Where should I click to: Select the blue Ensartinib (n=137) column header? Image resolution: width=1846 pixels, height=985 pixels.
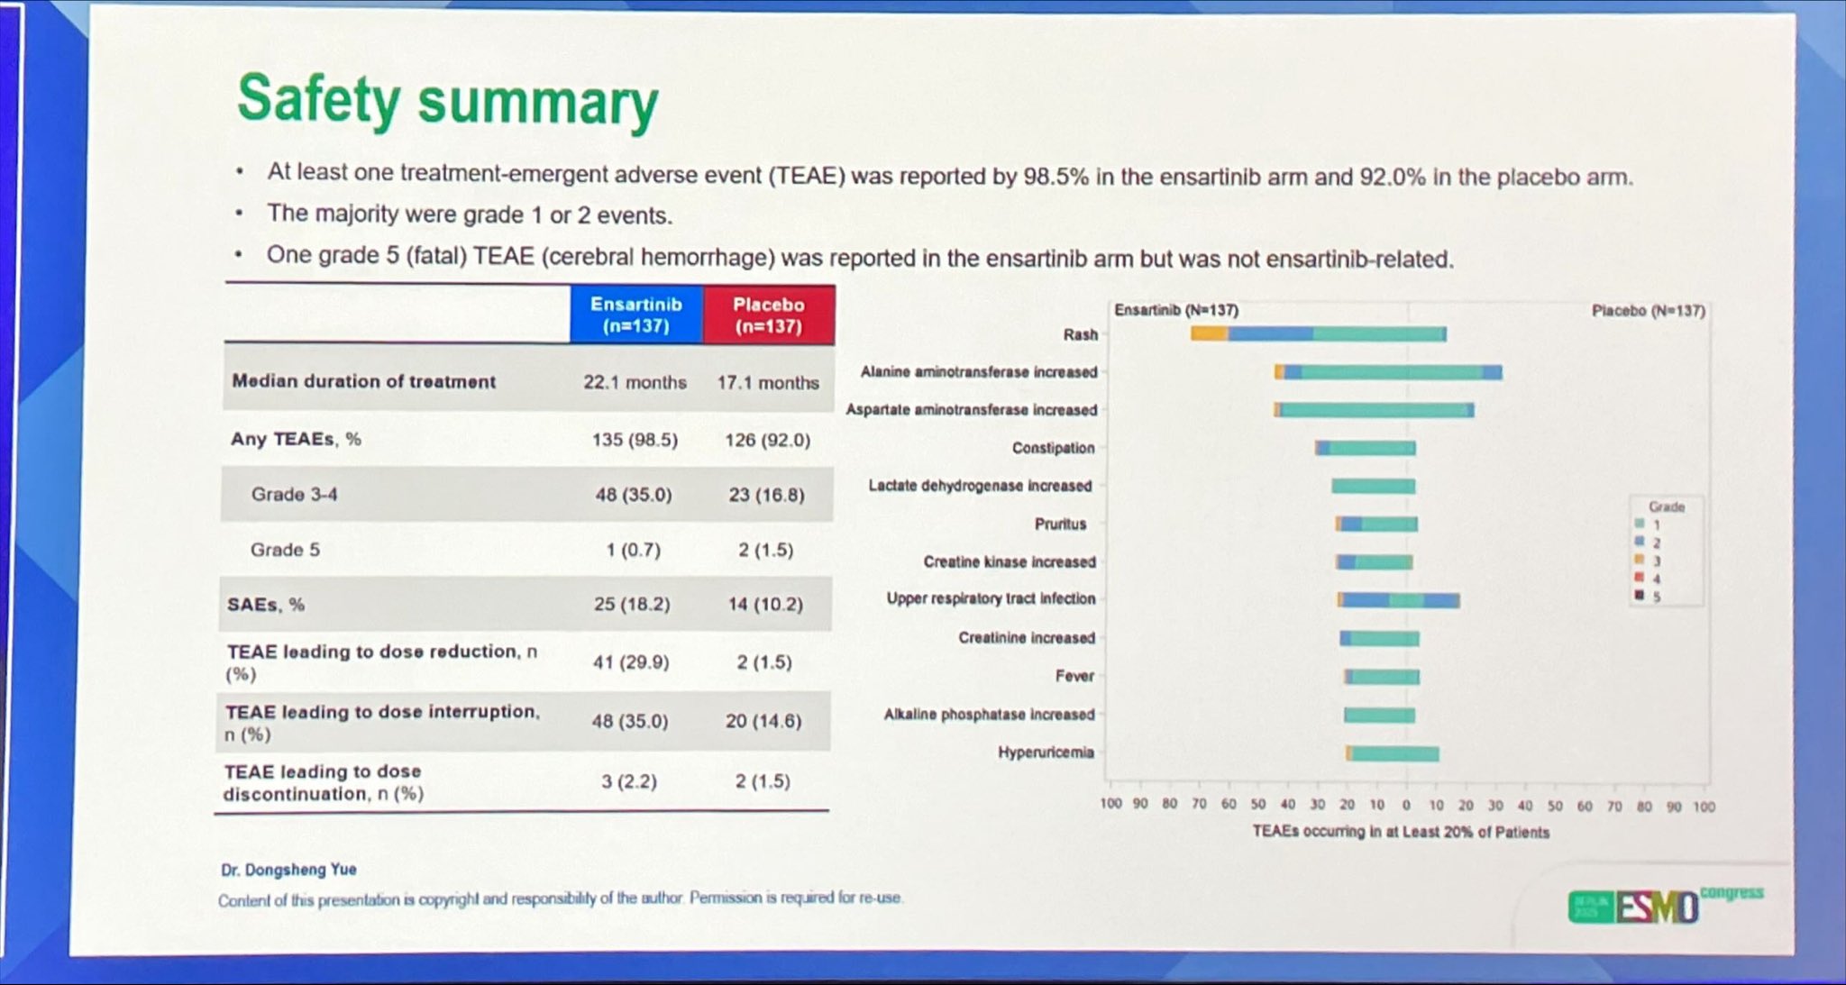tap(636, 315)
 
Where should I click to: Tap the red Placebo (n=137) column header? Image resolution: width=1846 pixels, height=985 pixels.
tap(768, 315)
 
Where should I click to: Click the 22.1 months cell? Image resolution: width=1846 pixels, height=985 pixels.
tap(635, 382)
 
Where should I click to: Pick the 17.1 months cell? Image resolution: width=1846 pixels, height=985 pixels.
tap(768, 382)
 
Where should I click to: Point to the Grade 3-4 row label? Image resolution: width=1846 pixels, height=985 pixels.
tap(294, 494)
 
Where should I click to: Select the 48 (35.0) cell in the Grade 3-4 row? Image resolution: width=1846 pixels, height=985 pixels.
tap(633, 494)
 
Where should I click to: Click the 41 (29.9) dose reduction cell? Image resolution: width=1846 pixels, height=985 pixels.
tap(630, 662)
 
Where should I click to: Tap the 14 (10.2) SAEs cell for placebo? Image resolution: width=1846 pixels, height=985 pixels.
tap(765, 604)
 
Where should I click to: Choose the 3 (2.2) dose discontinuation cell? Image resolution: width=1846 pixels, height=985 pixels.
tap(629, 781)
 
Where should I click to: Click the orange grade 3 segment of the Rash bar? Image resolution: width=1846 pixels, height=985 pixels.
tap(1209, 333)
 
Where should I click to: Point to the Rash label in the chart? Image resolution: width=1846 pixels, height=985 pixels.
tap(1080, 334)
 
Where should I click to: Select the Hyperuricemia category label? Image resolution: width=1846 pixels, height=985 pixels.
tap(1046, 752)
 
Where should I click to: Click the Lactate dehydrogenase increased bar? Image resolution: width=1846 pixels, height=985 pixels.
tap(1373, 487)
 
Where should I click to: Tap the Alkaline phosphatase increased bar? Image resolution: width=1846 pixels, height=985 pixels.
tap(1379, 716)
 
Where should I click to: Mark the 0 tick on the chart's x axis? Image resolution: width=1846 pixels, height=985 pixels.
tap(1406, 805)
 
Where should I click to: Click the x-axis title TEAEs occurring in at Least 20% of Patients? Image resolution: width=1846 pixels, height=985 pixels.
tap(1400, 832)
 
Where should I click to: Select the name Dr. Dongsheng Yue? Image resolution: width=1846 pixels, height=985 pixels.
tap(288, 870)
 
